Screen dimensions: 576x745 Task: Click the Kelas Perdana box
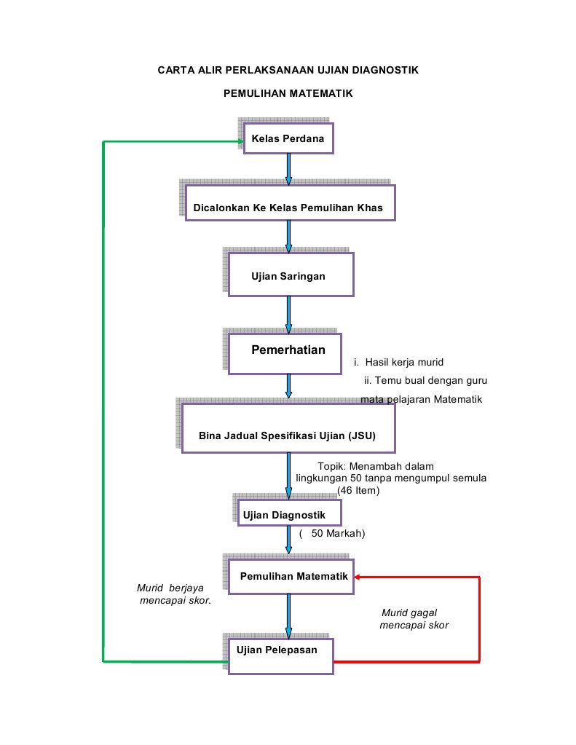pos(288,138)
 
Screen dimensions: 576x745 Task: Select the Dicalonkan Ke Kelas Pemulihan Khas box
pos(290,203)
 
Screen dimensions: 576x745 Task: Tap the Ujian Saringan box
pos(291,275)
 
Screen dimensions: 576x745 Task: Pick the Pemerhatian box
pos(285,353)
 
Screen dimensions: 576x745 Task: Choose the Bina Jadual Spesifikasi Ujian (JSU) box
pos(288,428)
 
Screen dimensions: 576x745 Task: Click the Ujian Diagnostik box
pos(289,513)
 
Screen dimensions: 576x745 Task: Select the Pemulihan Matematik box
pos(291,576)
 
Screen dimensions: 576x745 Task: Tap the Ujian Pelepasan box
pos(281,656)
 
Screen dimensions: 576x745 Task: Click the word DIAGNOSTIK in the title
pos(385,71)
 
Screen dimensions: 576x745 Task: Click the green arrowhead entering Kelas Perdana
pos(241,141)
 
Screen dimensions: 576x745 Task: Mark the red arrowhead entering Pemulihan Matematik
pos(358,577)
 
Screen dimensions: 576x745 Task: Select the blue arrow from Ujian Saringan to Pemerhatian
pos(288,315)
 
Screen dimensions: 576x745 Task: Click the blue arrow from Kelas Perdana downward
pos(288,169)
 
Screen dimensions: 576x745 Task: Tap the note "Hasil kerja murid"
pos(404,362)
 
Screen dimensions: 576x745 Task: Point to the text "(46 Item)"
pos(358,490)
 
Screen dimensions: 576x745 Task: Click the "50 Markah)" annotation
pos(338,534)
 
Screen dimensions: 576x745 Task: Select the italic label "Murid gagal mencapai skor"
pos(414,618)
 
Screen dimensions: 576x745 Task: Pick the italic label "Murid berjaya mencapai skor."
pos(174,594)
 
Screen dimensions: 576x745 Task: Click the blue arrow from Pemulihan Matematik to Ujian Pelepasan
pos(288,616)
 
